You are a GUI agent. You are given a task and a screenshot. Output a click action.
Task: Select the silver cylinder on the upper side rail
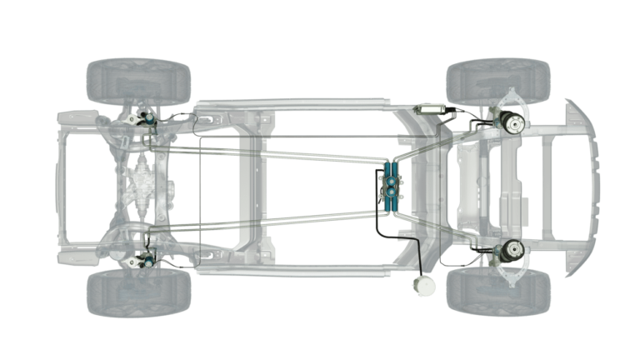pos(432,107)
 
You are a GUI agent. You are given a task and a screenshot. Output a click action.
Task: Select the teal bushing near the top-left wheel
pos(148,119)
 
